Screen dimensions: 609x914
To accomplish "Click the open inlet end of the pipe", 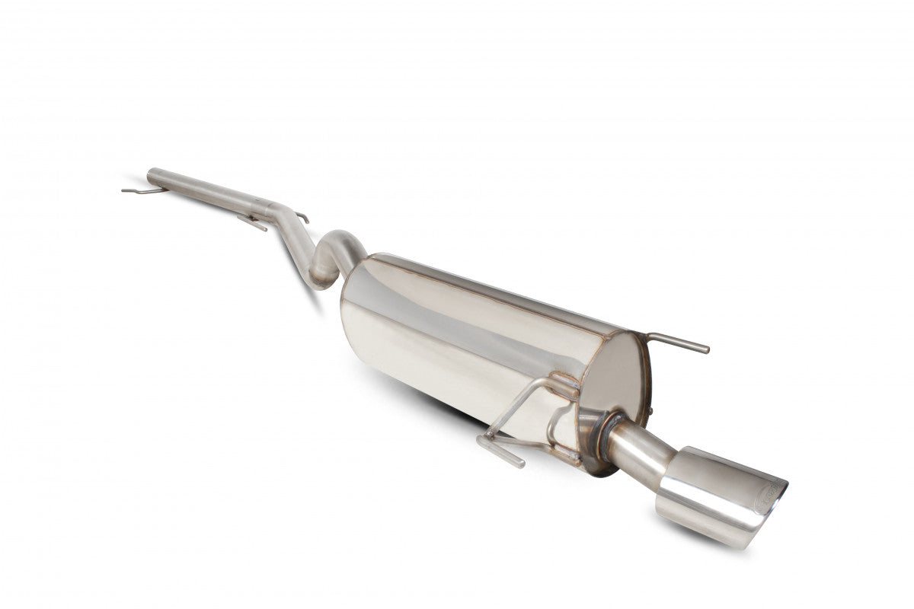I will pos(150,174).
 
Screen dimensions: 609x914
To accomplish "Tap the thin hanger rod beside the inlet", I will pos(137,190).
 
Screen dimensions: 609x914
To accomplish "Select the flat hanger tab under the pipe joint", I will pos(251,223).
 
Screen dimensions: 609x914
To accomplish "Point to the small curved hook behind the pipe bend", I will pos(302,218).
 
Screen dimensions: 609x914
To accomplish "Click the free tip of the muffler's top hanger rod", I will pos(706,349).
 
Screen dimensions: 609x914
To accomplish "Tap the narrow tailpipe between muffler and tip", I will pos(640,446).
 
